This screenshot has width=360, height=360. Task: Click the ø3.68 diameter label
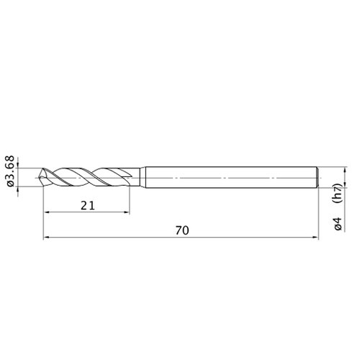(x=11, y=171)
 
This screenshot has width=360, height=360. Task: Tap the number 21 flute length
(x=88, y=206)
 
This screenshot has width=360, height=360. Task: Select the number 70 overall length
(x=182, y=230)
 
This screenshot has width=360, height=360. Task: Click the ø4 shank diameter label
(x=338, y=224)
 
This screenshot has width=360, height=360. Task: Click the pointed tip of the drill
(x=39, y=177)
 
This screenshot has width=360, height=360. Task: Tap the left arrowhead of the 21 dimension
(x=47, y=212)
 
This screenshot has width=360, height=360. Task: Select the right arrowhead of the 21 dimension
(x=126, y=212)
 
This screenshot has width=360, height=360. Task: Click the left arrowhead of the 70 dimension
(x=47, y=238)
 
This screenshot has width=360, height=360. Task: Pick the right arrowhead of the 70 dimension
(x=315, y=238)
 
